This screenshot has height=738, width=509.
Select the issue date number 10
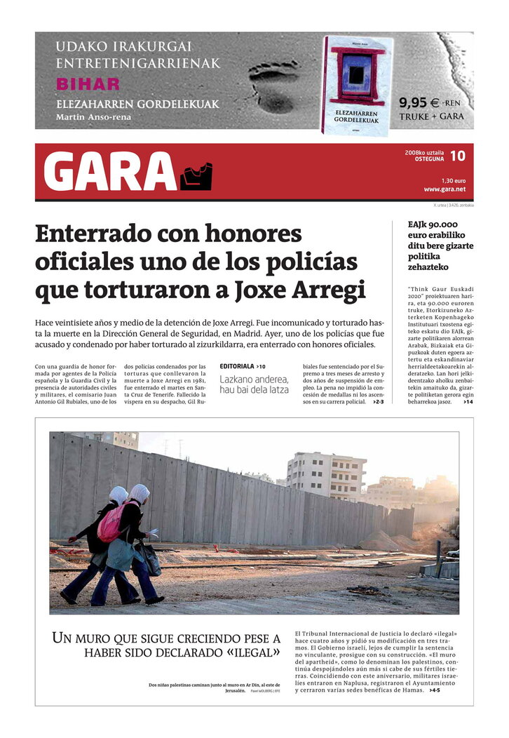[x=457, y=156]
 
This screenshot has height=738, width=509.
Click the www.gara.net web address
[x=444, y=189]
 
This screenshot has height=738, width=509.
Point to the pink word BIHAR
[x=88, y=84]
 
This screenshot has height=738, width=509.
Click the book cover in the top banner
[x=357, y=85]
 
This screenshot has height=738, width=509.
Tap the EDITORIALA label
[x=237, y=366]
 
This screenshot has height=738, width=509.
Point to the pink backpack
[x=111, y=523]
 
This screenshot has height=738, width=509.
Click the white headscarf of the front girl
[x=140, y=494]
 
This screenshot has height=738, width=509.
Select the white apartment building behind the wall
[x=325, y=476]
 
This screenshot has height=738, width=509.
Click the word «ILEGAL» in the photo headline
[x=247, y=653]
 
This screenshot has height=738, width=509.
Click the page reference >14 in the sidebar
[x=468, y=402]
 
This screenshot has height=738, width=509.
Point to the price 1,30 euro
[x=454, y=180]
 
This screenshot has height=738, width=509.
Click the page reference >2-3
[x=378, y=402]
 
